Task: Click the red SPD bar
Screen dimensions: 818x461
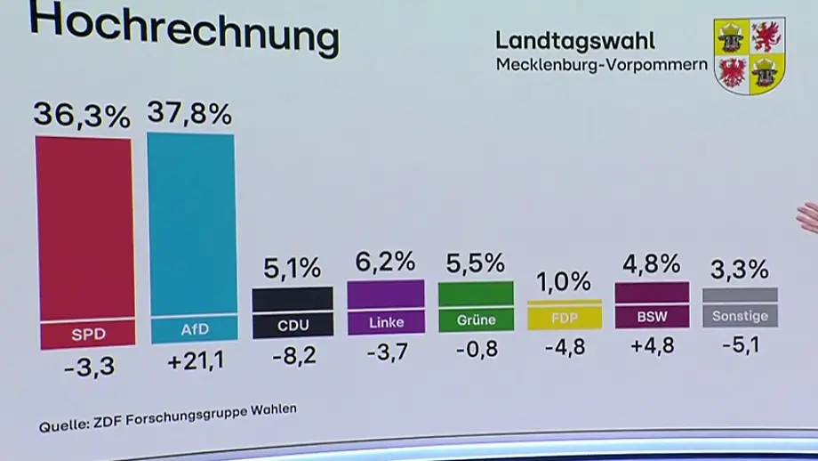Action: [x=85, y=242]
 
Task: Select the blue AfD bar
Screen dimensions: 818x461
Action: [x=193, y=238]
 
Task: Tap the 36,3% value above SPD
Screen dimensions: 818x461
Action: [x=82, y=115]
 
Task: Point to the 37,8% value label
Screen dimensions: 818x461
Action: [x=189, y=113]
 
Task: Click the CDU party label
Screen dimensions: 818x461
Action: [x=293, y=326]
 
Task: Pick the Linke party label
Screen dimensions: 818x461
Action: [x=387, y=323]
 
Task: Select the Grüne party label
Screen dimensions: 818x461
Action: [x=477, y=319]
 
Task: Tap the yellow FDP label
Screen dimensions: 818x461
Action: [x=565, y=318]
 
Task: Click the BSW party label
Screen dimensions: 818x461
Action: [x=652, y=317]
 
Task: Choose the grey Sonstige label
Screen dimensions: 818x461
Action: [x=741, y=316]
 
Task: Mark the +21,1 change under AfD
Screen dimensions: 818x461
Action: [x=196, y=360]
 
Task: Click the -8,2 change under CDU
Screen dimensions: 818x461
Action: [x=294, y=356]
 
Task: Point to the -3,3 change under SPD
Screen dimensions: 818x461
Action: [x=89, y=367]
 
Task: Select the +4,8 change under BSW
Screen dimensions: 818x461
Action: [x=653, y=345]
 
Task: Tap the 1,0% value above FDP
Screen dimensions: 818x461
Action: [x=564, y=282]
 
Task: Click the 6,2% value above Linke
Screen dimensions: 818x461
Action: [x=386, y=262]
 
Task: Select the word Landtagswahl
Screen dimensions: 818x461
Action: [x=575, y=41]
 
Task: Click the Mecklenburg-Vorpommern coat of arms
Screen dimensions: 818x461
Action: [x=750, y=55]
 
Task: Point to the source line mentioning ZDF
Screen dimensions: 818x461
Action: [x=168, y=417]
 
